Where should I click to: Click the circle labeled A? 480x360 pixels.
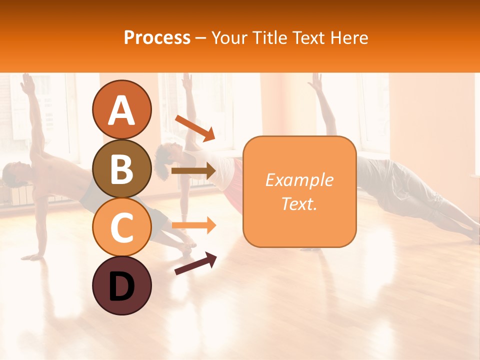point(121,109)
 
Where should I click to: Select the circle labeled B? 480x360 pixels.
point(121,168)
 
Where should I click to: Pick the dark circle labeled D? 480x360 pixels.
point(121,285)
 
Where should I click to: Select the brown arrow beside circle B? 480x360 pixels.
point(193,171)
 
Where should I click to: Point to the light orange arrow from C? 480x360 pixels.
point(193,225)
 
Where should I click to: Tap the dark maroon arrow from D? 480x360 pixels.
point(195,263)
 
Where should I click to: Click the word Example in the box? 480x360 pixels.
point(299,179)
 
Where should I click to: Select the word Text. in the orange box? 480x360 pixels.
point(299,203)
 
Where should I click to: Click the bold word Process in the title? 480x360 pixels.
point(157,37)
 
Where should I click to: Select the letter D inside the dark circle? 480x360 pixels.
point(121,286)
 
